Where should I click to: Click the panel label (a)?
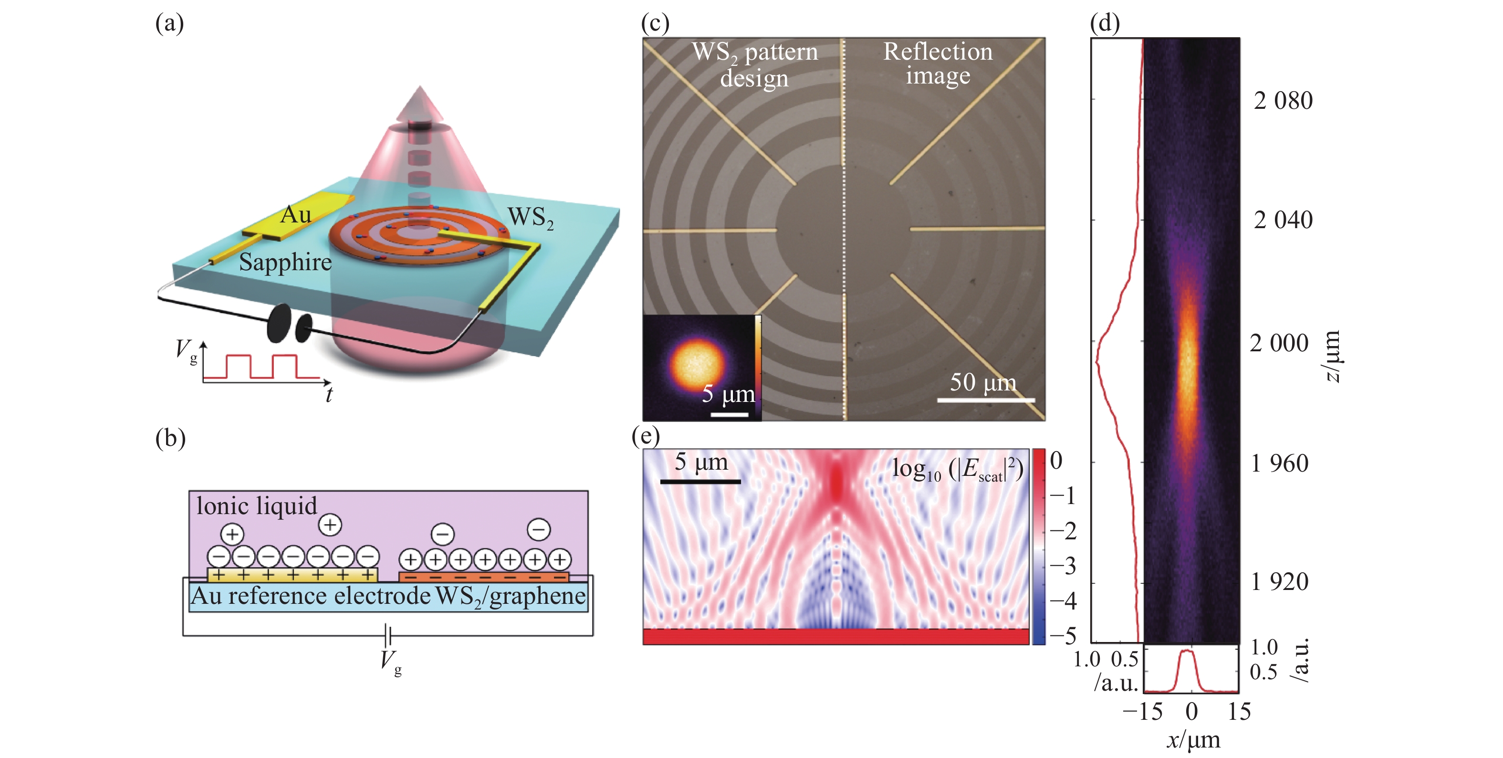point(169,24)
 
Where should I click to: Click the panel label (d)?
point(1105,24)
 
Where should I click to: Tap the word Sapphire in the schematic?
point(285,262)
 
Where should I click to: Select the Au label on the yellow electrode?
point(295,215)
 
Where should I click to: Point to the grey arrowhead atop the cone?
point(420,103)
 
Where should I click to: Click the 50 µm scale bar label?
point(982,383)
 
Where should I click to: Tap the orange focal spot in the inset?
point(697,364)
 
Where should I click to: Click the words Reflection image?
point(938,63)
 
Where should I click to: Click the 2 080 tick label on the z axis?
point(1283,101)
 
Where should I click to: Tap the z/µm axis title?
point(1332,356)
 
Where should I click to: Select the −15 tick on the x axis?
point(1142,712)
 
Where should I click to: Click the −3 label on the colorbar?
point(1063,566)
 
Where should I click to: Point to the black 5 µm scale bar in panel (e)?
point(700,482)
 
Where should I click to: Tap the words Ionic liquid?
point(256,506)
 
